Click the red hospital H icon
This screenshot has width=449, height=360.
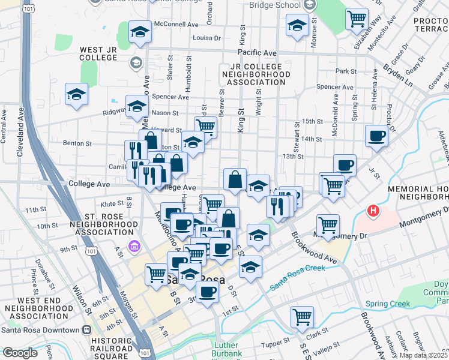click(x=373, y=211)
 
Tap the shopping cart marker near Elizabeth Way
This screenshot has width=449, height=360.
click(x=357, y=19)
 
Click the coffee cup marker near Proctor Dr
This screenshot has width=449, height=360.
click(x=377, y=136)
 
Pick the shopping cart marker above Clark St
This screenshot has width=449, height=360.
click(x=302, y=316)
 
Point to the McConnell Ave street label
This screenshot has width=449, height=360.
click(x=176, y=25)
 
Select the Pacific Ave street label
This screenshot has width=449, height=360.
click(x=260, y=53)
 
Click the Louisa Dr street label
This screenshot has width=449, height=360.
click(x=206, y=38)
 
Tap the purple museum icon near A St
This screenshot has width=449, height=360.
click(x=133, y=245)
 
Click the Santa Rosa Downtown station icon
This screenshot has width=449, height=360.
click(x=87, y=329)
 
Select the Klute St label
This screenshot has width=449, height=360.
click(x=112, y=205)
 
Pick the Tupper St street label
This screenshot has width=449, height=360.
click(x=276, y=344)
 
